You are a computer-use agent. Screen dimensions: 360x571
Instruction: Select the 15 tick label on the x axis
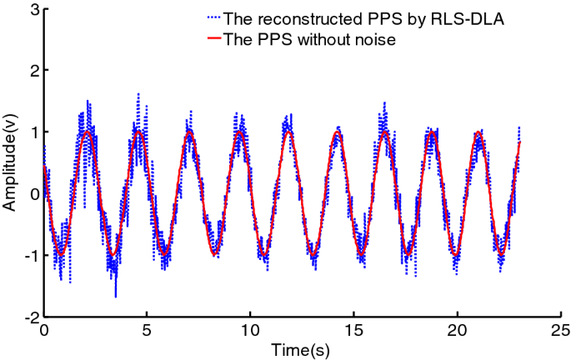pos(354,330)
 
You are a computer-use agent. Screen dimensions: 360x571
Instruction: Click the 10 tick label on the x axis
pos(251,330)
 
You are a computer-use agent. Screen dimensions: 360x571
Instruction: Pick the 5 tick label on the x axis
pos(148,330)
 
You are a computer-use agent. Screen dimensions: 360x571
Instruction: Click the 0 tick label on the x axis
pos(44,330)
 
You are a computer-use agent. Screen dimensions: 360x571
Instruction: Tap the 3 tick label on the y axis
pos(33,10)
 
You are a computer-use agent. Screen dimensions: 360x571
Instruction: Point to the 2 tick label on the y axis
pos(33,72)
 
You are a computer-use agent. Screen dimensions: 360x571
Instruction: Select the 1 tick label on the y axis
pos(33,133)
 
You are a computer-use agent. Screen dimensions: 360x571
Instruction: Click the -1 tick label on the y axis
pos(30,256)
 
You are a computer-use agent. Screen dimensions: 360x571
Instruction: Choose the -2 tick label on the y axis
pos(30,317)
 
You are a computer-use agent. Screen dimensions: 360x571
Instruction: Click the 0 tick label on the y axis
pos(33,194)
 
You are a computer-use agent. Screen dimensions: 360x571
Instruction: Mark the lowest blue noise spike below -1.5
pos(116,296)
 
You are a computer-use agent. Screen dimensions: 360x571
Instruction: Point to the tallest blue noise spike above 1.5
pos(138,94)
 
